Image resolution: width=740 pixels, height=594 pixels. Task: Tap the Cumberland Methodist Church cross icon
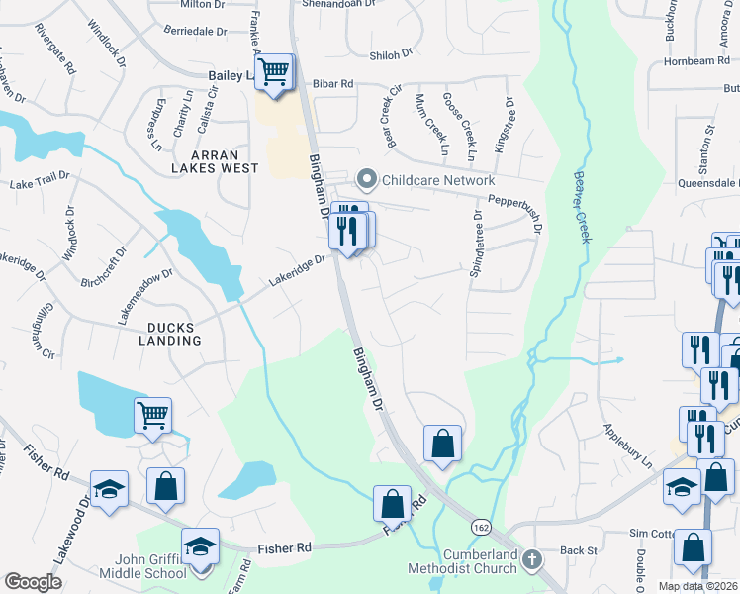(531, 560)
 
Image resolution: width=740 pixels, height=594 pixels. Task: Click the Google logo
(33, 582)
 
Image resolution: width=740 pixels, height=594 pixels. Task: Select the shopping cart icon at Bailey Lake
(276, 70)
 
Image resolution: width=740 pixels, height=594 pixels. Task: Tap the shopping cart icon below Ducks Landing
(152, 415)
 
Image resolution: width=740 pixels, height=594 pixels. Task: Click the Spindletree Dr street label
(477, 244)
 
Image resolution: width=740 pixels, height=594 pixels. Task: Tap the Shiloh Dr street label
(389, 55)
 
